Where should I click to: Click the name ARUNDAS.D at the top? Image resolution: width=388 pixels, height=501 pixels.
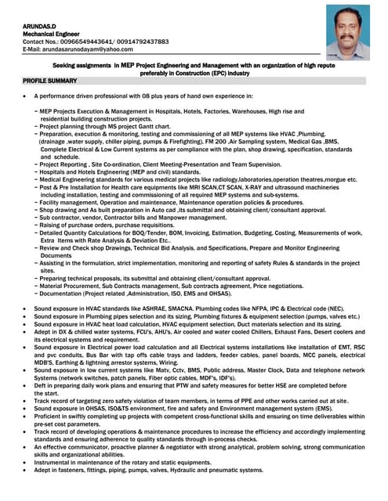tap(42, 27)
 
